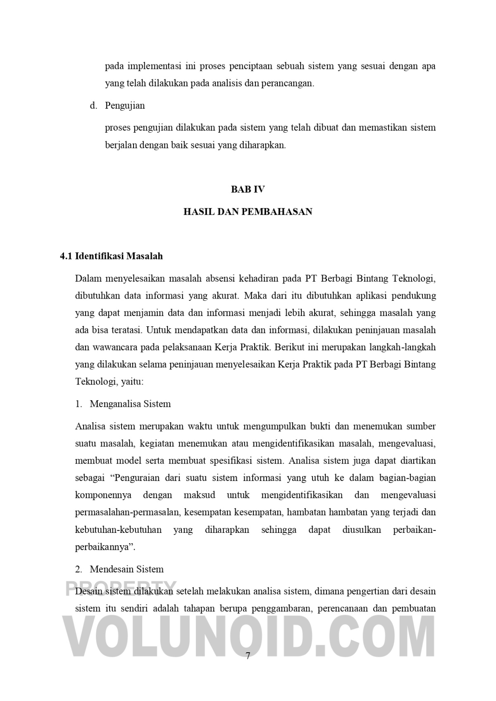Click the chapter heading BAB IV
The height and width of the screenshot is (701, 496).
[248, 190]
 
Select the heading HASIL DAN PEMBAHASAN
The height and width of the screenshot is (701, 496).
[248, 211]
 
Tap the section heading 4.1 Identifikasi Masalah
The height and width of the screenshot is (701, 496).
[111, 256]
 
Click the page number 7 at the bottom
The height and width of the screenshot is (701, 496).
[248, 656]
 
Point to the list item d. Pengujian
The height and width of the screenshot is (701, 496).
[118, 105]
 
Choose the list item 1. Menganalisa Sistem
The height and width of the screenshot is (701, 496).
[123, 404]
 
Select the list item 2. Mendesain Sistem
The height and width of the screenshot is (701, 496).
[119, 569]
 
